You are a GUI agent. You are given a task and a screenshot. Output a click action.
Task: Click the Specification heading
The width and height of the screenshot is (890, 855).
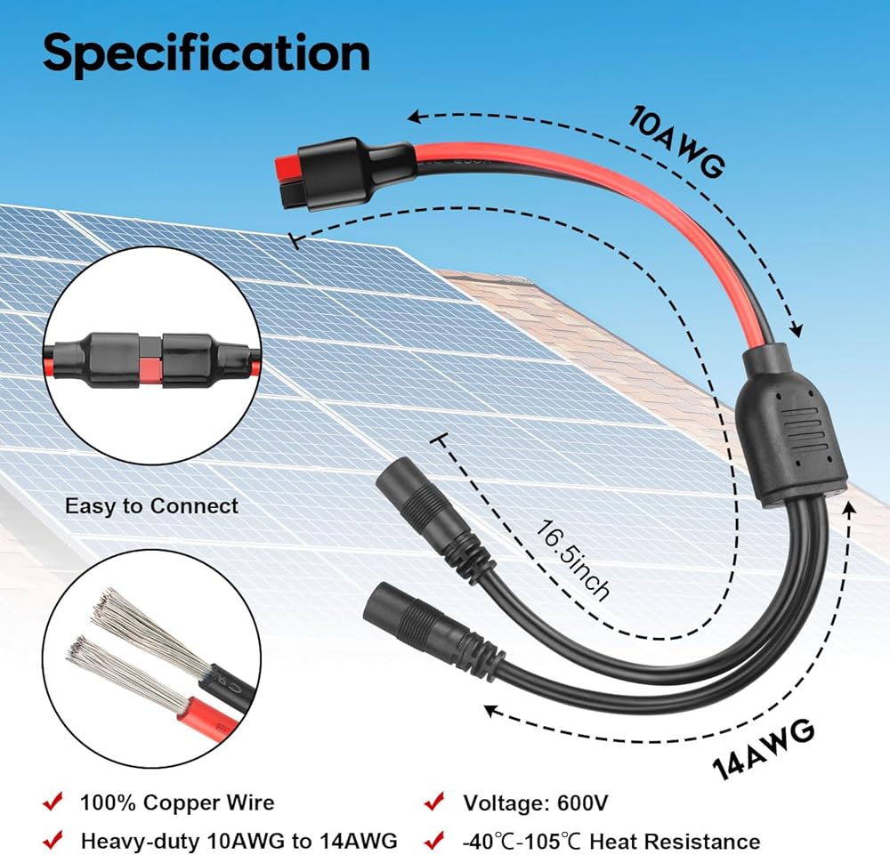pyautogui.click(x=206, y=52)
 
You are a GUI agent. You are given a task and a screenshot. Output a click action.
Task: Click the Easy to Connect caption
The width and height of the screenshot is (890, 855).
pyautogui.click(x=151, y=506)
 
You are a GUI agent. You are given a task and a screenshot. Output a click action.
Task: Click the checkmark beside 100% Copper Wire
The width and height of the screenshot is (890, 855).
pyautogui.click(x=52, y=803)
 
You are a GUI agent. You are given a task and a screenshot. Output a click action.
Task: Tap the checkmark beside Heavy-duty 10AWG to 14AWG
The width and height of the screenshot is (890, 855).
pyautogui.click(x=52, y=840)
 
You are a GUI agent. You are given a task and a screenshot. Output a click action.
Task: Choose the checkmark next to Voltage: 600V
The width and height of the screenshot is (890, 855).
pyautogui.click(x=434, y=803)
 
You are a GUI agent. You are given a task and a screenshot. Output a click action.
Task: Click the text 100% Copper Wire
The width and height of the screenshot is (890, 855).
pyautogui.click(x=177, y=803)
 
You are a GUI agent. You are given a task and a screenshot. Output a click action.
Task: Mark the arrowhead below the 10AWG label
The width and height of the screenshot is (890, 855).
pyautogui.click(x=795, y=331)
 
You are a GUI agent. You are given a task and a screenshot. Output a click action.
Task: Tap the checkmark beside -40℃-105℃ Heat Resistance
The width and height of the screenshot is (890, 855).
pyautogui.click(x=434, y=840)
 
